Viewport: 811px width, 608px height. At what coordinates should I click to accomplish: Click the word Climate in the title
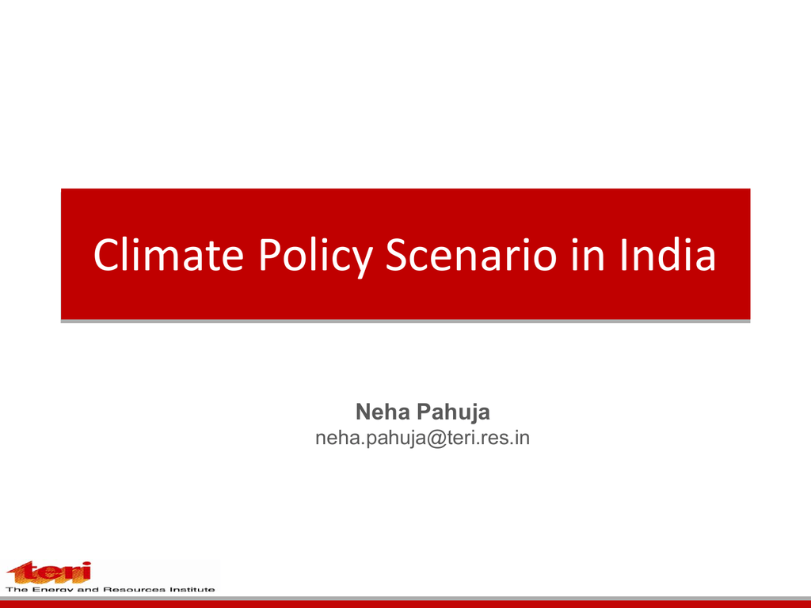coord(169,254)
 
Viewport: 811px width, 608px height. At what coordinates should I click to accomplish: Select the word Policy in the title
coord(315,257)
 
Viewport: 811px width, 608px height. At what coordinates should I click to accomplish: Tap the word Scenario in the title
coord(471,254)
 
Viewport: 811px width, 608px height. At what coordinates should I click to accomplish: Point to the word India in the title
coord(668,254)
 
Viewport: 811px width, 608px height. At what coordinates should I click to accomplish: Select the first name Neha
coord(383,412)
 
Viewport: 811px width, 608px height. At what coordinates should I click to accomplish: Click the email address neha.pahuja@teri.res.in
coord(423,439)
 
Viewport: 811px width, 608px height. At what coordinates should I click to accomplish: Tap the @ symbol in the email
coord(437,439)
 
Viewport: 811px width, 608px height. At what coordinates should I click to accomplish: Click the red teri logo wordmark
coord(49,572)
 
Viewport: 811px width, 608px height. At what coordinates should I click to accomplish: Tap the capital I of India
coord(624,254)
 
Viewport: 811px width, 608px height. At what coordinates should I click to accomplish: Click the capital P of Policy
coord(269,254)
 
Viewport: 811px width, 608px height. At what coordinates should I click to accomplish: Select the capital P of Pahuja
coord(424,412)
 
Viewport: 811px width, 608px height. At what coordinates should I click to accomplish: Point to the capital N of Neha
coord(363,412)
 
